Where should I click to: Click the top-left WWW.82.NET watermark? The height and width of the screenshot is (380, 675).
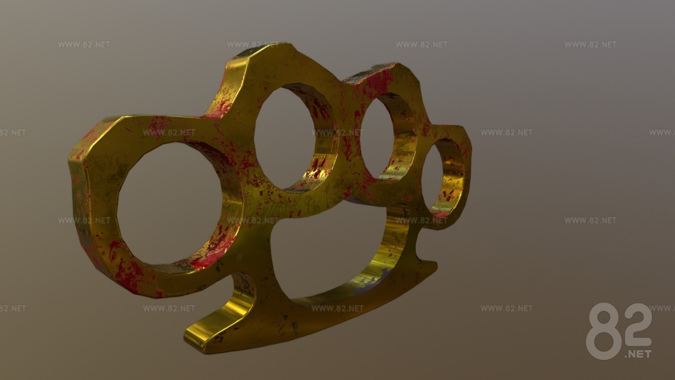[x=84, y=45]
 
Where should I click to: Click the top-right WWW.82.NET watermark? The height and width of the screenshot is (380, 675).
[x=590, y=45]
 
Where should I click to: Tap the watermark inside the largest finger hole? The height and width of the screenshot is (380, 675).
[x=169, y=132]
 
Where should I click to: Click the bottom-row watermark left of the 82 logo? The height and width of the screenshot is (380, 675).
[x=506, y=308]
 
